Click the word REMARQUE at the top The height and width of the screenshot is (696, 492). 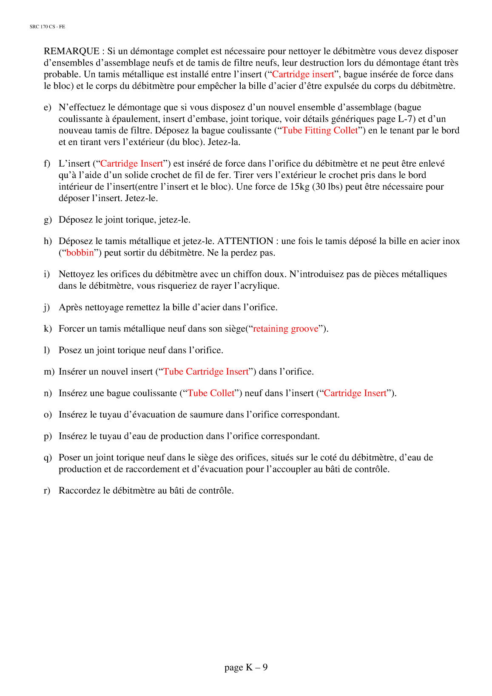click(x=71, y=51)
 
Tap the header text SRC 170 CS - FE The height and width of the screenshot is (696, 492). click(x=47, y=27)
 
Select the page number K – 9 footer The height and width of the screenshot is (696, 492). click(x=246, y=668)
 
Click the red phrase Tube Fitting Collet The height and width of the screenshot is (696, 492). click(x=320, y=131)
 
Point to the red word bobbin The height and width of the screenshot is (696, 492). click(x=80, y=253)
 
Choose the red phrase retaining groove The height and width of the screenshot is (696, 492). click(x=285, y=329)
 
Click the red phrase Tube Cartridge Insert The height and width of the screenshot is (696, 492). click(x=206, y=372)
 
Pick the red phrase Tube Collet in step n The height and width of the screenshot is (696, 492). click(x=211, y=393)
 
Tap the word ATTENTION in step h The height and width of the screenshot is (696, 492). click(x=245, y=241)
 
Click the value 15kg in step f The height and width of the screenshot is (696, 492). click(x=299, y=187)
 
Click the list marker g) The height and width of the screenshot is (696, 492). click(x=48, y=220)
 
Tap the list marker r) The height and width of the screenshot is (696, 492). click(x=47, y=491)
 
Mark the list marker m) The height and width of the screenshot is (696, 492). click(x=49, y=372)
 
